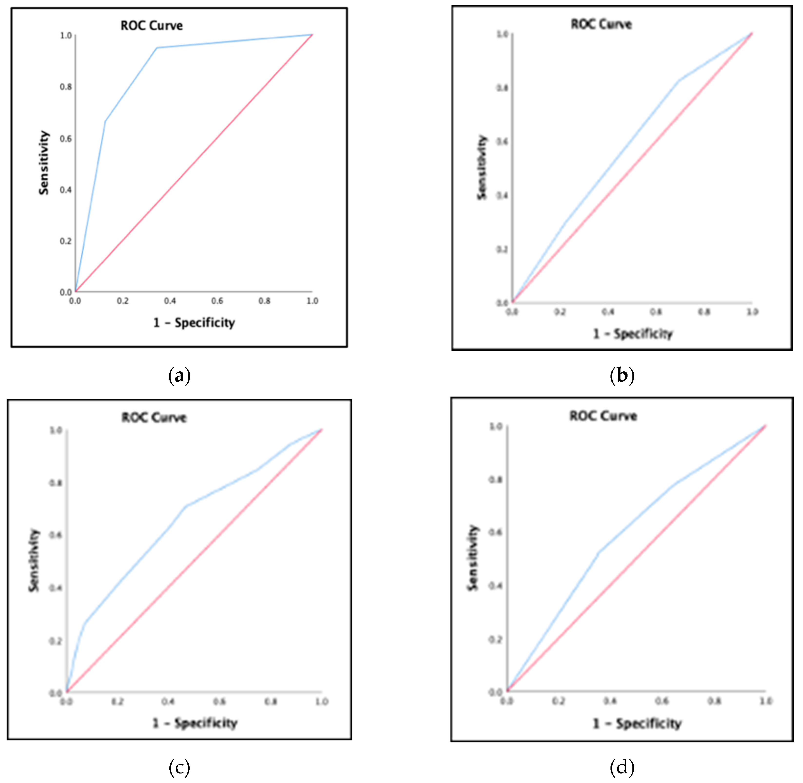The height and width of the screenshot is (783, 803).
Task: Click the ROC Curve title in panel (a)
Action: point(151,26)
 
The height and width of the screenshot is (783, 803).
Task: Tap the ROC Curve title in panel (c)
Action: point(154,417)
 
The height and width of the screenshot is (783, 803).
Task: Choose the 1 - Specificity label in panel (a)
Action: point(194,323)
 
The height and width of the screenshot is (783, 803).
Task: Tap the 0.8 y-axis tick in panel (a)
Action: point(66,87)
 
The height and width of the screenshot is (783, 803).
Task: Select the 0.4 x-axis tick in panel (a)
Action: point(170,301)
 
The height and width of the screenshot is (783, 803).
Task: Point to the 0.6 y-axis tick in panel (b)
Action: point(502,141)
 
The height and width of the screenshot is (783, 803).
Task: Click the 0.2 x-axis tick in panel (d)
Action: point(558,701)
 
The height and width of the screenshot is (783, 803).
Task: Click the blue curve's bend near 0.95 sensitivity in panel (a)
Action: point(157,48)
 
